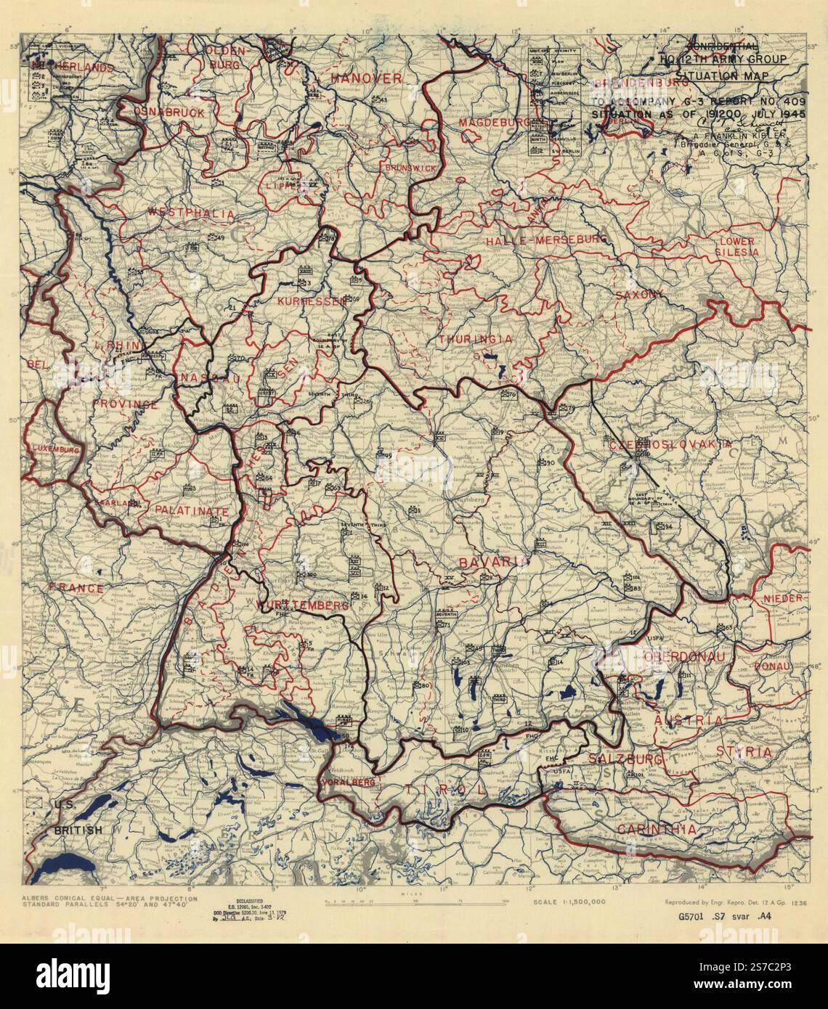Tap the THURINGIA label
point(476,339)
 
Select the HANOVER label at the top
point(366,78)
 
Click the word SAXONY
point(639,294)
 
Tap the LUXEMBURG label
point(54,450)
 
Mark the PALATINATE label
point(192,511)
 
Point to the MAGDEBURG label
point(494,123)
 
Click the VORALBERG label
point(347,783)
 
